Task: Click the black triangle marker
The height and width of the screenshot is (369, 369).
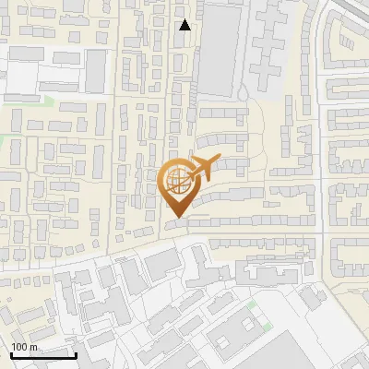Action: pos(185,25)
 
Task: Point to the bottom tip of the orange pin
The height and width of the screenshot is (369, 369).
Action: pos(177,218)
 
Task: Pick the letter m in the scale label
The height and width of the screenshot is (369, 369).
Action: pos(34,347)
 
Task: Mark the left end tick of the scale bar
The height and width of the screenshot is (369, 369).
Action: pos(11,354)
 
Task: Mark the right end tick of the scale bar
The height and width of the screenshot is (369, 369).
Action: pos(76,354)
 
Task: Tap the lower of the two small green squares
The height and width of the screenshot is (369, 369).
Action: pos(266,328)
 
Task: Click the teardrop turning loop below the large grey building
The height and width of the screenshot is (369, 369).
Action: pos(243,92)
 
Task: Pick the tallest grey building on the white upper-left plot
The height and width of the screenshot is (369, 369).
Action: pos(95,69)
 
